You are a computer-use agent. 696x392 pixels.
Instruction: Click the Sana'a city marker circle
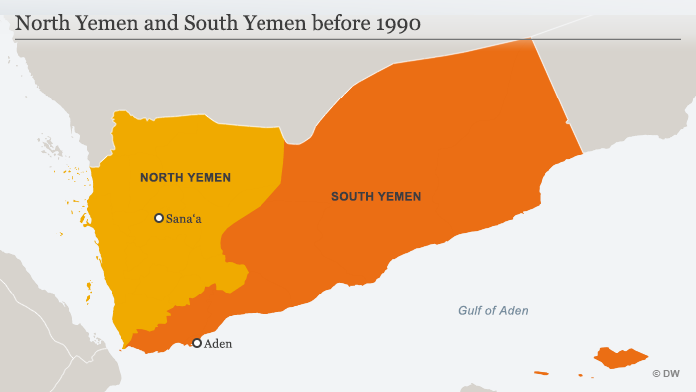159,217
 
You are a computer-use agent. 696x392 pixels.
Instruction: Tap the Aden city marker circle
197,343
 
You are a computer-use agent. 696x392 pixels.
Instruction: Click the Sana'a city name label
184,218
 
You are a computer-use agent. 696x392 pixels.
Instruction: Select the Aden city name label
218,344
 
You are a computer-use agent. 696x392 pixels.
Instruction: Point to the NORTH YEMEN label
185,177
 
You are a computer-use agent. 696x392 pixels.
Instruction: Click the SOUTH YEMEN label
376,197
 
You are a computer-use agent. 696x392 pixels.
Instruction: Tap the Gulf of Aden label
493,311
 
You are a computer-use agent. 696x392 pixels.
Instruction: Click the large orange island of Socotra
620,357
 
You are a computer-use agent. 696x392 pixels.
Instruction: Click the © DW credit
666,373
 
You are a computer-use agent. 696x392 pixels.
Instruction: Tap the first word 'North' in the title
40,21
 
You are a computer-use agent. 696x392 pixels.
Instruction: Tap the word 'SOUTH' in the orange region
353,197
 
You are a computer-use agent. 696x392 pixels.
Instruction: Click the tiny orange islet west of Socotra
541,373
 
